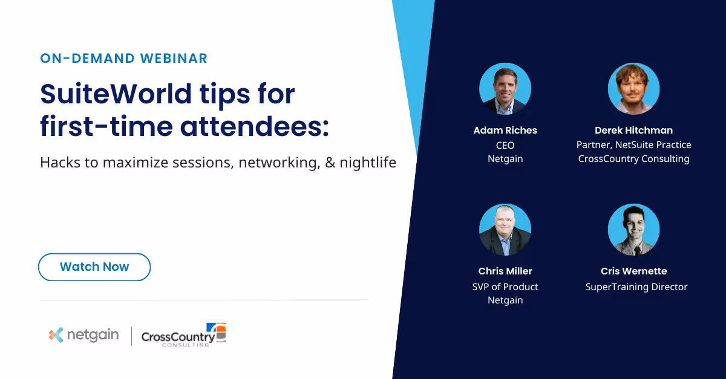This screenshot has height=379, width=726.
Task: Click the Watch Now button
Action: [94, 267]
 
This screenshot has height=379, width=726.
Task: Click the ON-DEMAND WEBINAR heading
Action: [123, 59]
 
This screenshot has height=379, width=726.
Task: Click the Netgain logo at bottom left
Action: [84, 335]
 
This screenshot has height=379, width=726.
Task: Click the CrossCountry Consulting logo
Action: [183, 335]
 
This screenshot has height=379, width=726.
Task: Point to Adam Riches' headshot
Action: [505, 89]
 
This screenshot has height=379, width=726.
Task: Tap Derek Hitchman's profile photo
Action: [633, 89]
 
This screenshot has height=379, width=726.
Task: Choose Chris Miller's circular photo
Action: [505, 230]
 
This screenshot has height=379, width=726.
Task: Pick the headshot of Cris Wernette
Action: [633, 230]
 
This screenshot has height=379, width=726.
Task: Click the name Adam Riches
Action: [505, 131]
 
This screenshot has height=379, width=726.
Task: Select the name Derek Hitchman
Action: [633, 131]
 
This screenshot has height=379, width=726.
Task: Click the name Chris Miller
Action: [505, 271]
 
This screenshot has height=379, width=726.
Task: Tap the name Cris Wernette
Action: [633, 271]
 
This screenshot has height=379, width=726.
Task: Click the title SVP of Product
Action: [505, 287]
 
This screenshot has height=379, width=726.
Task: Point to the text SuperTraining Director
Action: [636, 287]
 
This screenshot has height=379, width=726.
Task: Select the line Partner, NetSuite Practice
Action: [633, 145]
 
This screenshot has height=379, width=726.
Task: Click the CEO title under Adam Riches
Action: [505, 145]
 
